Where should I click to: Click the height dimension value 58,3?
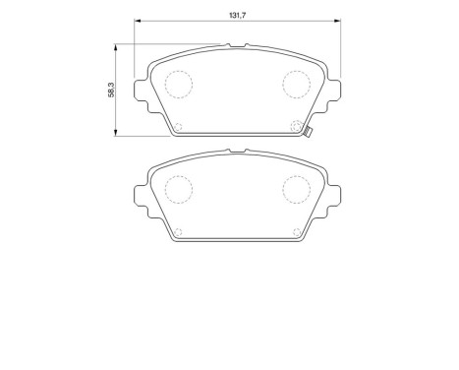(110, 89)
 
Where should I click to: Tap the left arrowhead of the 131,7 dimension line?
(137, 23)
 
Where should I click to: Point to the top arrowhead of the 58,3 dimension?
(117, 46)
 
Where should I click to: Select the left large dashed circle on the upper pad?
(178, 85)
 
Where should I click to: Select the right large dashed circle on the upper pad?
(297, 85)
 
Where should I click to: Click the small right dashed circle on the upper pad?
(297, 125)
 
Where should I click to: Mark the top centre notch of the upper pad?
(237, 46)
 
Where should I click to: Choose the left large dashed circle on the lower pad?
(178, 188)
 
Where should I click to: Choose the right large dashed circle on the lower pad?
(297, 188)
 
